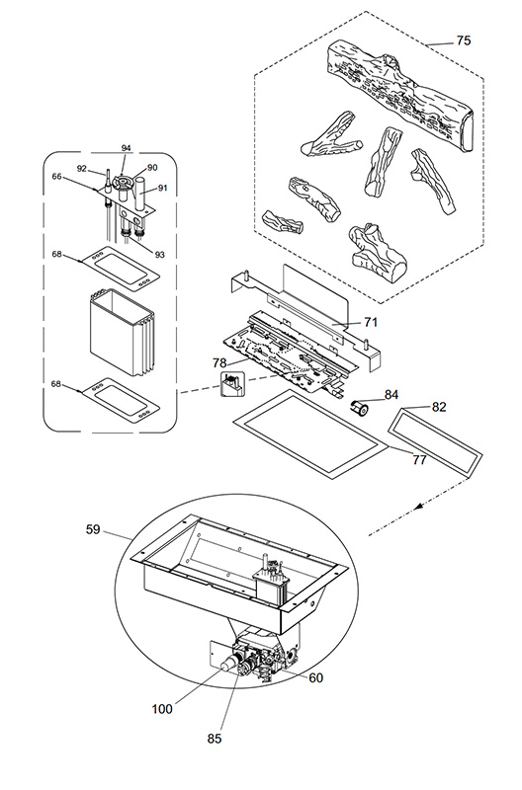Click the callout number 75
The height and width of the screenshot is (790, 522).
[463, 40]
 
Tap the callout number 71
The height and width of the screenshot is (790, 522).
[371, 322]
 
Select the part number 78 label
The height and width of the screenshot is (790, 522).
[219, 362]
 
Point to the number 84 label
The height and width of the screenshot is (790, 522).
[391, 394]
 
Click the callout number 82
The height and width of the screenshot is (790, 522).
[439, 407]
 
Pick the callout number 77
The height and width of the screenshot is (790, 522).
[419, 459]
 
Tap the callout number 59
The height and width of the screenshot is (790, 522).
[93, 529]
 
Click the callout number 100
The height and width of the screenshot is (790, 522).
[162, 709]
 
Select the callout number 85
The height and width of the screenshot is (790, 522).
[215, 738]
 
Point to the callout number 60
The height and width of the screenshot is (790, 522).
[315, 678]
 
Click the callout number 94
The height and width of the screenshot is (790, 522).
[127, 147]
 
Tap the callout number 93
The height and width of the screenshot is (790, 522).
[160, 255]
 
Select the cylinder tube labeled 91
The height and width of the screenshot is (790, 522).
[139, 194]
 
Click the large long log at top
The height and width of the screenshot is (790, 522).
[401, 96]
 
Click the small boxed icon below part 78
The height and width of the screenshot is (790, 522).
[232, 384]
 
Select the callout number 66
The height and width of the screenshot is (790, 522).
[56, 177]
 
